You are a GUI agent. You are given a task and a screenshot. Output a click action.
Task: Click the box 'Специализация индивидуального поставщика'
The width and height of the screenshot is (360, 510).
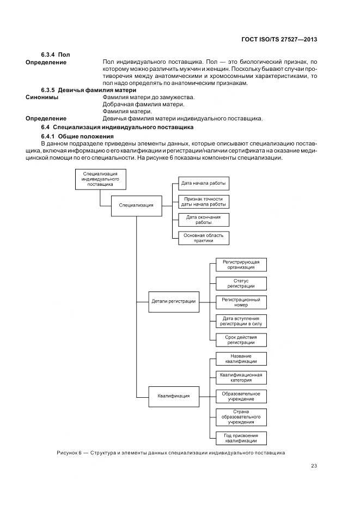click(x=101, y=179)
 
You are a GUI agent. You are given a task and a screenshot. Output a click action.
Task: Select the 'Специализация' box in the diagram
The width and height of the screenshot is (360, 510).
click(x=136, y=205)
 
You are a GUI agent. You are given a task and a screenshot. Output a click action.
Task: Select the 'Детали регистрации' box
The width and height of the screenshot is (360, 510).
click(x=173, y=301)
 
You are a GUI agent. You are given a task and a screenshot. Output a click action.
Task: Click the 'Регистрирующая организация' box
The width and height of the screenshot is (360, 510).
click(x=241, y=264)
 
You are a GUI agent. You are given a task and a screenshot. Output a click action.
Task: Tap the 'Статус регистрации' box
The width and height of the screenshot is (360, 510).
click(x=241, y=283)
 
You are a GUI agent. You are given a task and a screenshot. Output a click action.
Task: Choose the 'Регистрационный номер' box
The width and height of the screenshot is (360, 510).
click(x=241, y=302)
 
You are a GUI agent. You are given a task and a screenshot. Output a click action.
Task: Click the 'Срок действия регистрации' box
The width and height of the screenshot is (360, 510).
click(x=241, y=339)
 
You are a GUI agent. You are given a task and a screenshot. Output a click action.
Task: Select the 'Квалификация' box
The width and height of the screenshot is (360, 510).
click(x=173, y=396)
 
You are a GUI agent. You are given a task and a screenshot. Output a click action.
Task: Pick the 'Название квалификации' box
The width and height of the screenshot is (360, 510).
click(x=241, y=359)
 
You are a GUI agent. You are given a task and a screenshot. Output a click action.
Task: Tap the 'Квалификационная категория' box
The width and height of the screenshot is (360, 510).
click(x=241, y=378)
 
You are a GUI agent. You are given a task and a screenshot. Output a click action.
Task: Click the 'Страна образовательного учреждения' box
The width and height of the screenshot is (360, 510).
click(x=241, y=417)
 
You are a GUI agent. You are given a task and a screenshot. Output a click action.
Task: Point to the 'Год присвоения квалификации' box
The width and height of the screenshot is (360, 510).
click(x=241, y=439)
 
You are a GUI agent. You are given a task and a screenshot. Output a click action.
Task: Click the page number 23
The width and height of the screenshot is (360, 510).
click(x=314, y=465)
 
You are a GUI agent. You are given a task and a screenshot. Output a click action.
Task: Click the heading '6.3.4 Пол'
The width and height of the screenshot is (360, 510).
click(x=56, y=54)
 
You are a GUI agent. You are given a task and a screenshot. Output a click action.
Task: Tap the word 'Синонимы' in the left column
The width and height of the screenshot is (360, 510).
click(x=42, y=97)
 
